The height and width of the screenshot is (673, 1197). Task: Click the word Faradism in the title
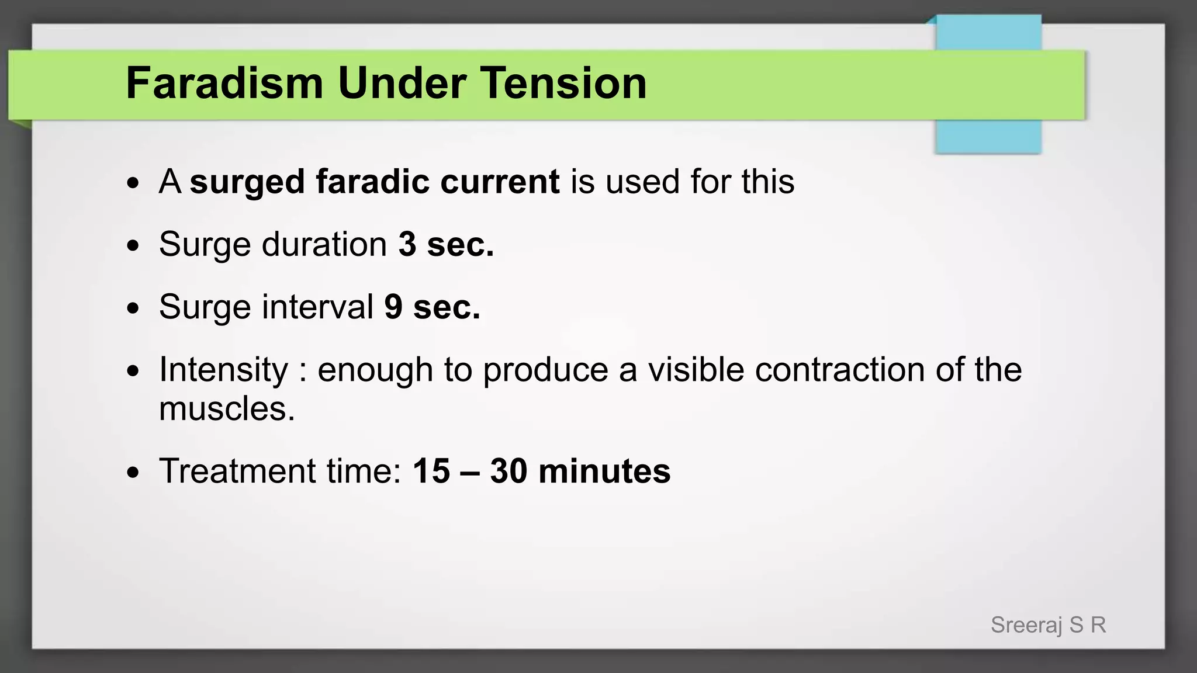point(224,83)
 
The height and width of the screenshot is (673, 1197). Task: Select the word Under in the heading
point(403,83)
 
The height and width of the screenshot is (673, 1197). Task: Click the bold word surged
point(247,182)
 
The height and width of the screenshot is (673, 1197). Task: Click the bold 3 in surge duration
point(407,244)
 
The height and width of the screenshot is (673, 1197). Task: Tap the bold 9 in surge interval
point(393,307)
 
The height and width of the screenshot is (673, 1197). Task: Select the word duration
point(324,244)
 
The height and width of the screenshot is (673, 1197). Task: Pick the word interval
point(317,307)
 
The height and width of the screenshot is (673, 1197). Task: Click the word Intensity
point(224,370)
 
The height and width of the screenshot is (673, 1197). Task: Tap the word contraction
point(839,370)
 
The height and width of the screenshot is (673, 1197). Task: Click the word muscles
point(226,408)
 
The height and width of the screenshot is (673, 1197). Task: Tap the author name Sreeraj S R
point(1048,625)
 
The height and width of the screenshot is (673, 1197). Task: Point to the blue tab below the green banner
point(988,137)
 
